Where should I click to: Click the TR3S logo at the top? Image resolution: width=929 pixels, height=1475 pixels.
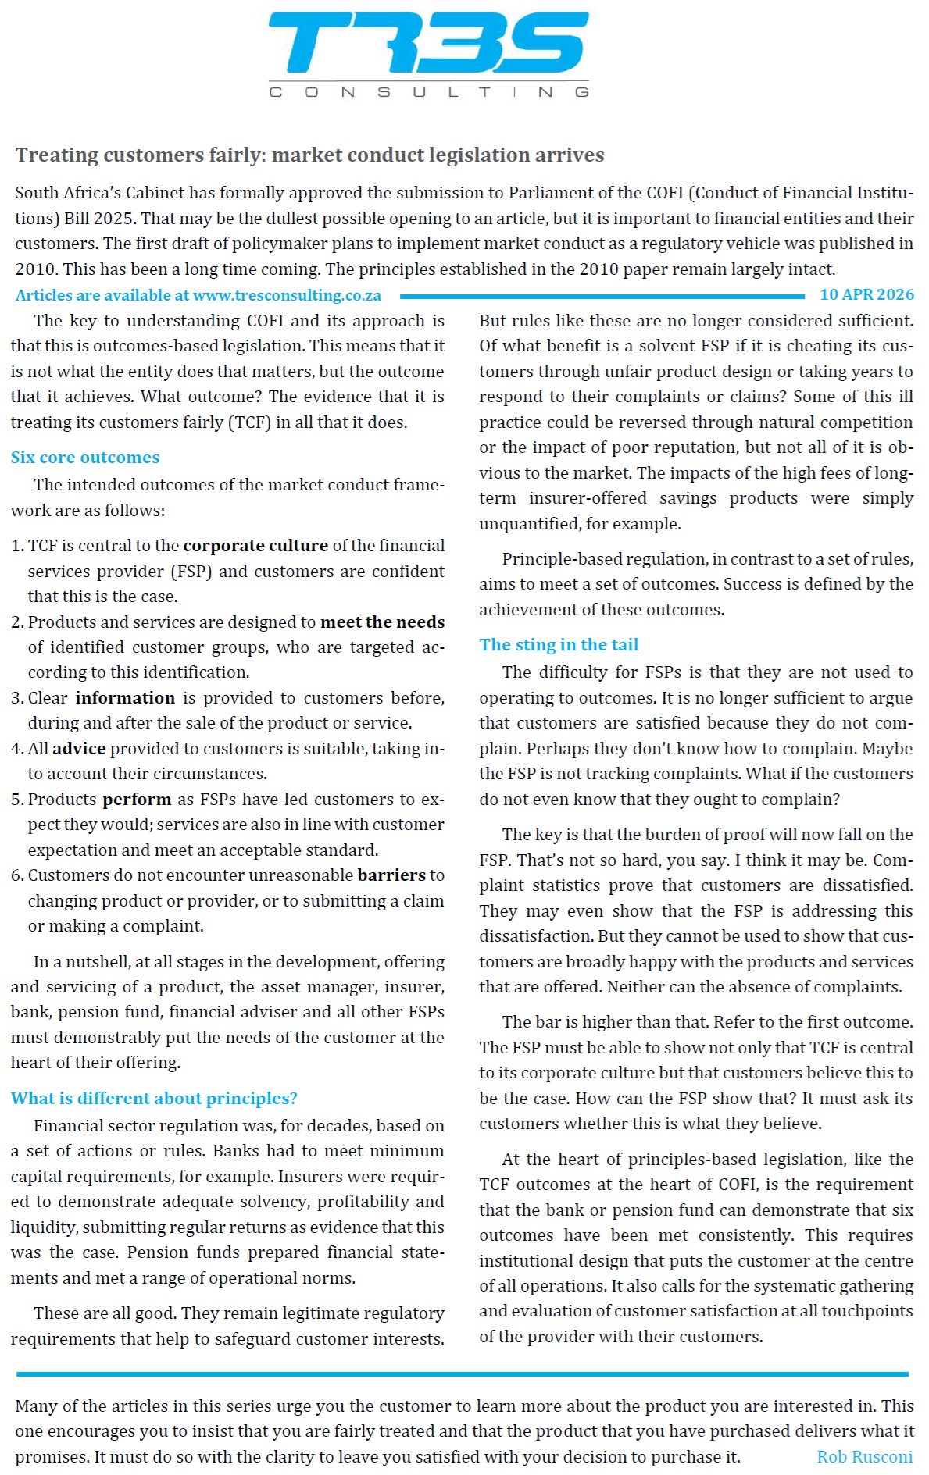[x=428, y=43]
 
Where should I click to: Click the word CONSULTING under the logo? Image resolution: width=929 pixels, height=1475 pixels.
[x=428, y=92]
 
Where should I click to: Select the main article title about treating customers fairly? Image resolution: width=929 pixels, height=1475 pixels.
[x=309, y=155]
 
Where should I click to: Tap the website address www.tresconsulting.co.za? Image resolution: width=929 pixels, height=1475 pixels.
[x=287, y=295]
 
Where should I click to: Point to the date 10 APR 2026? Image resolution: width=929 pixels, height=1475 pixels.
[x=866, y=294]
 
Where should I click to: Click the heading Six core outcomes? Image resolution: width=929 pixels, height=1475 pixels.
[x=85, y=458]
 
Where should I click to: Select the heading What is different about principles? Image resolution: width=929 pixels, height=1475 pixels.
[x=154, y=1098]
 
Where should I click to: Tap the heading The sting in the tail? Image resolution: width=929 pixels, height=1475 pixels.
[x=559, y=644]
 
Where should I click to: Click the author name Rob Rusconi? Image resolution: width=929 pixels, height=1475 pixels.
[x=864, y=1457]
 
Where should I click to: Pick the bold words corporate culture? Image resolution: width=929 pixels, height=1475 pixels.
[x=255, y=546]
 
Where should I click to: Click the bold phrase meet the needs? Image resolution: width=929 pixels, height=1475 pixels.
[x=382, y=622]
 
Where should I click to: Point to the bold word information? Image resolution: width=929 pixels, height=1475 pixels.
[x=125, y=698]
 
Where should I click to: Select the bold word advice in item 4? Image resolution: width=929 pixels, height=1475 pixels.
[x=79, y=749]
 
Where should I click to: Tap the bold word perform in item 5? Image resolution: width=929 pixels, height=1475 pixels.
[x=137, y=800]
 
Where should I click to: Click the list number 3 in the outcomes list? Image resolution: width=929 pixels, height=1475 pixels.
[x=16, y=698]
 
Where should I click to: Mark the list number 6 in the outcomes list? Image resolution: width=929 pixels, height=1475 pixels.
[x=16, y=875]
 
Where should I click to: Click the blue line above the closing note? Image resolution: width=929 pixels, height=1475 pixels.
[x=461, y=1373]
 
